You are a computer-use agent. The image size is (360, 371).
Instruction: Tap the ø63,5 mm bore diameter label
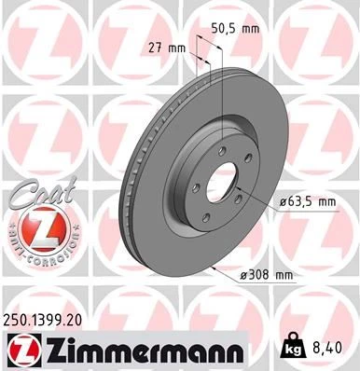(x=287, y=200)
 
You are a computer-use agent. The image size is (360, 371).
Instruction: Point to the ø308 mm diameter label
(x=267, y=274)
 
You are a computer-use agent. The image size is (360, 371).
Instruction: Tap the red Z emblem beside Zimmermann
(x=23, y=350)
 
